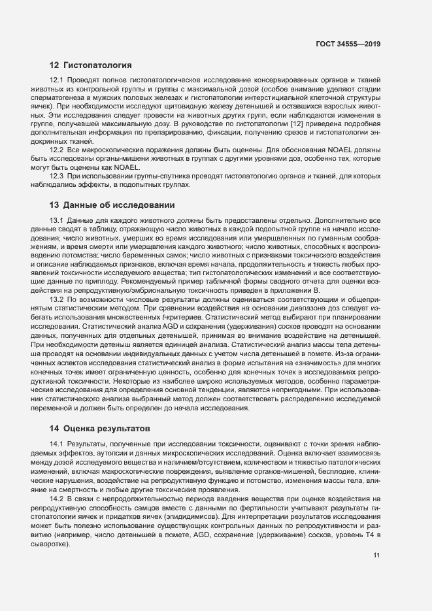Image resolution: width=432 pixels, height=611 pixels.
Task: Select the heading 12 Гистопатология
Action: point(91,65)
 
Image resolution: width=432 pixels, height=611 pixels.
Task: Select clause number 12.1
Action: point(58,80)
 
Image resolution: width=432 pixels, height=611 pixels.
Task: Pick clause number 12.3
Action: point(58,176)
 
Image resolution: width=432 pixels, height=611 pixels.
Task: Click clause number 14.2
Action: point(58,499)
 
